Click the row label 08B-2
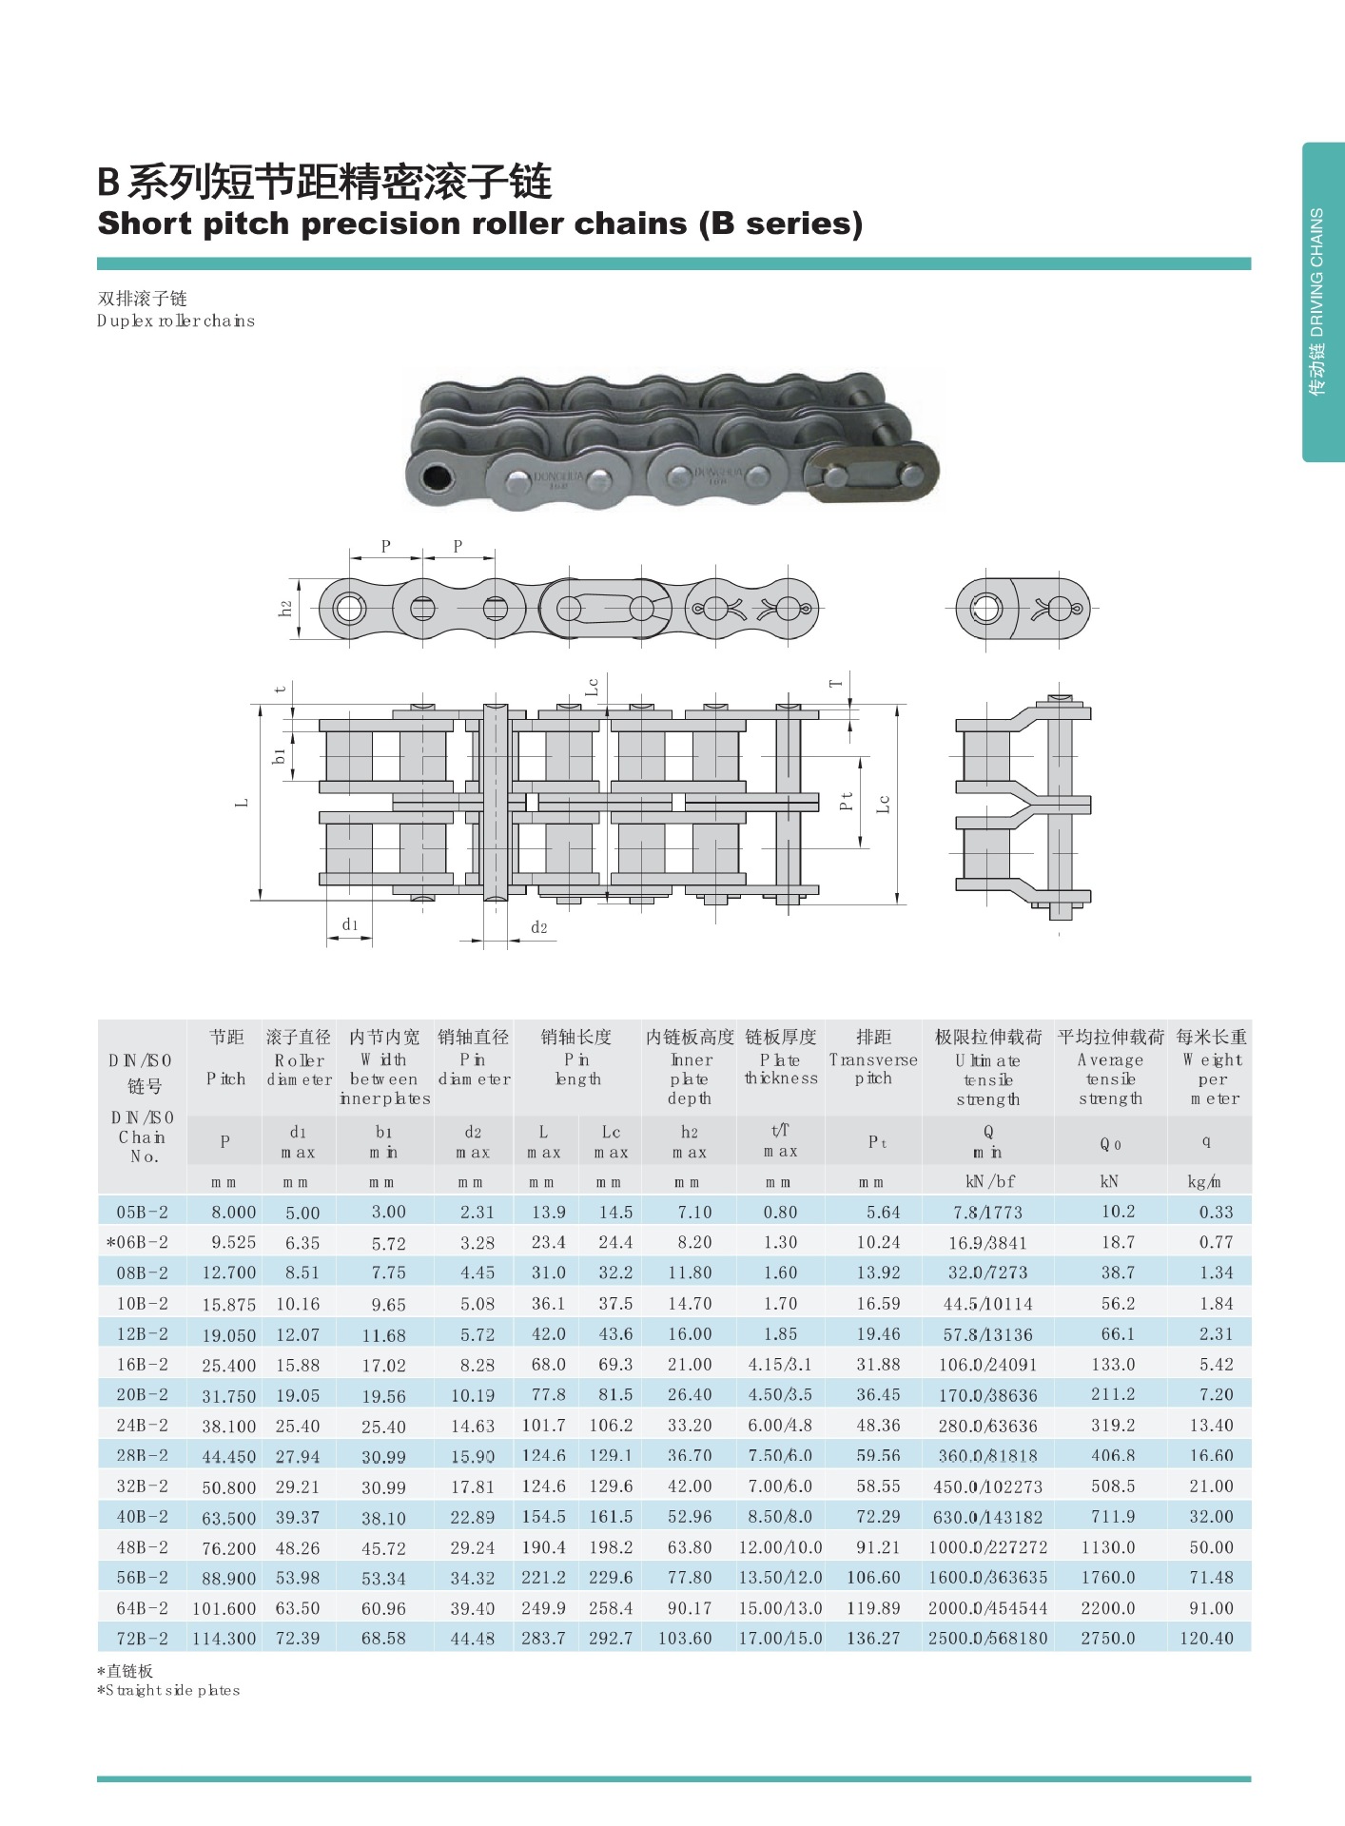click(142, 1272)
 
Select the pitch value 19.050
click(228, 1334)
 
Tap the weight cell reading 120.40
click(1206, 1638)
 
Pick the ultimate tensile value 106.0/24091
click(987, 1365)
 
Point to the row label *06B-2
click(137, 1242)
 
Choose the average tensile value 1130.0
click(1108, 1547)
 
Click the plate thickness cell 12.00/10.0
click(780, 1547)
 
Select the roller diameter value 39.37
click(298, 1517)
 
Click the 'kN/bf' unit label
click(989, 1181)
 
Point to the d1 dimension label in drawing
click(350, 924)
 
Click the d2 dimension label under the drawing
click(539, 927)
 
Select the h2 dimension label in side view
click(285, 608)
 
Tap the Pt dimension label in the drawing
click(847, 802)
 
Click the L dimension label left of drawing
click(242, 803)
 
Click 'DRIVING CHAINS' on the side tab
click(1316, 272)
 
